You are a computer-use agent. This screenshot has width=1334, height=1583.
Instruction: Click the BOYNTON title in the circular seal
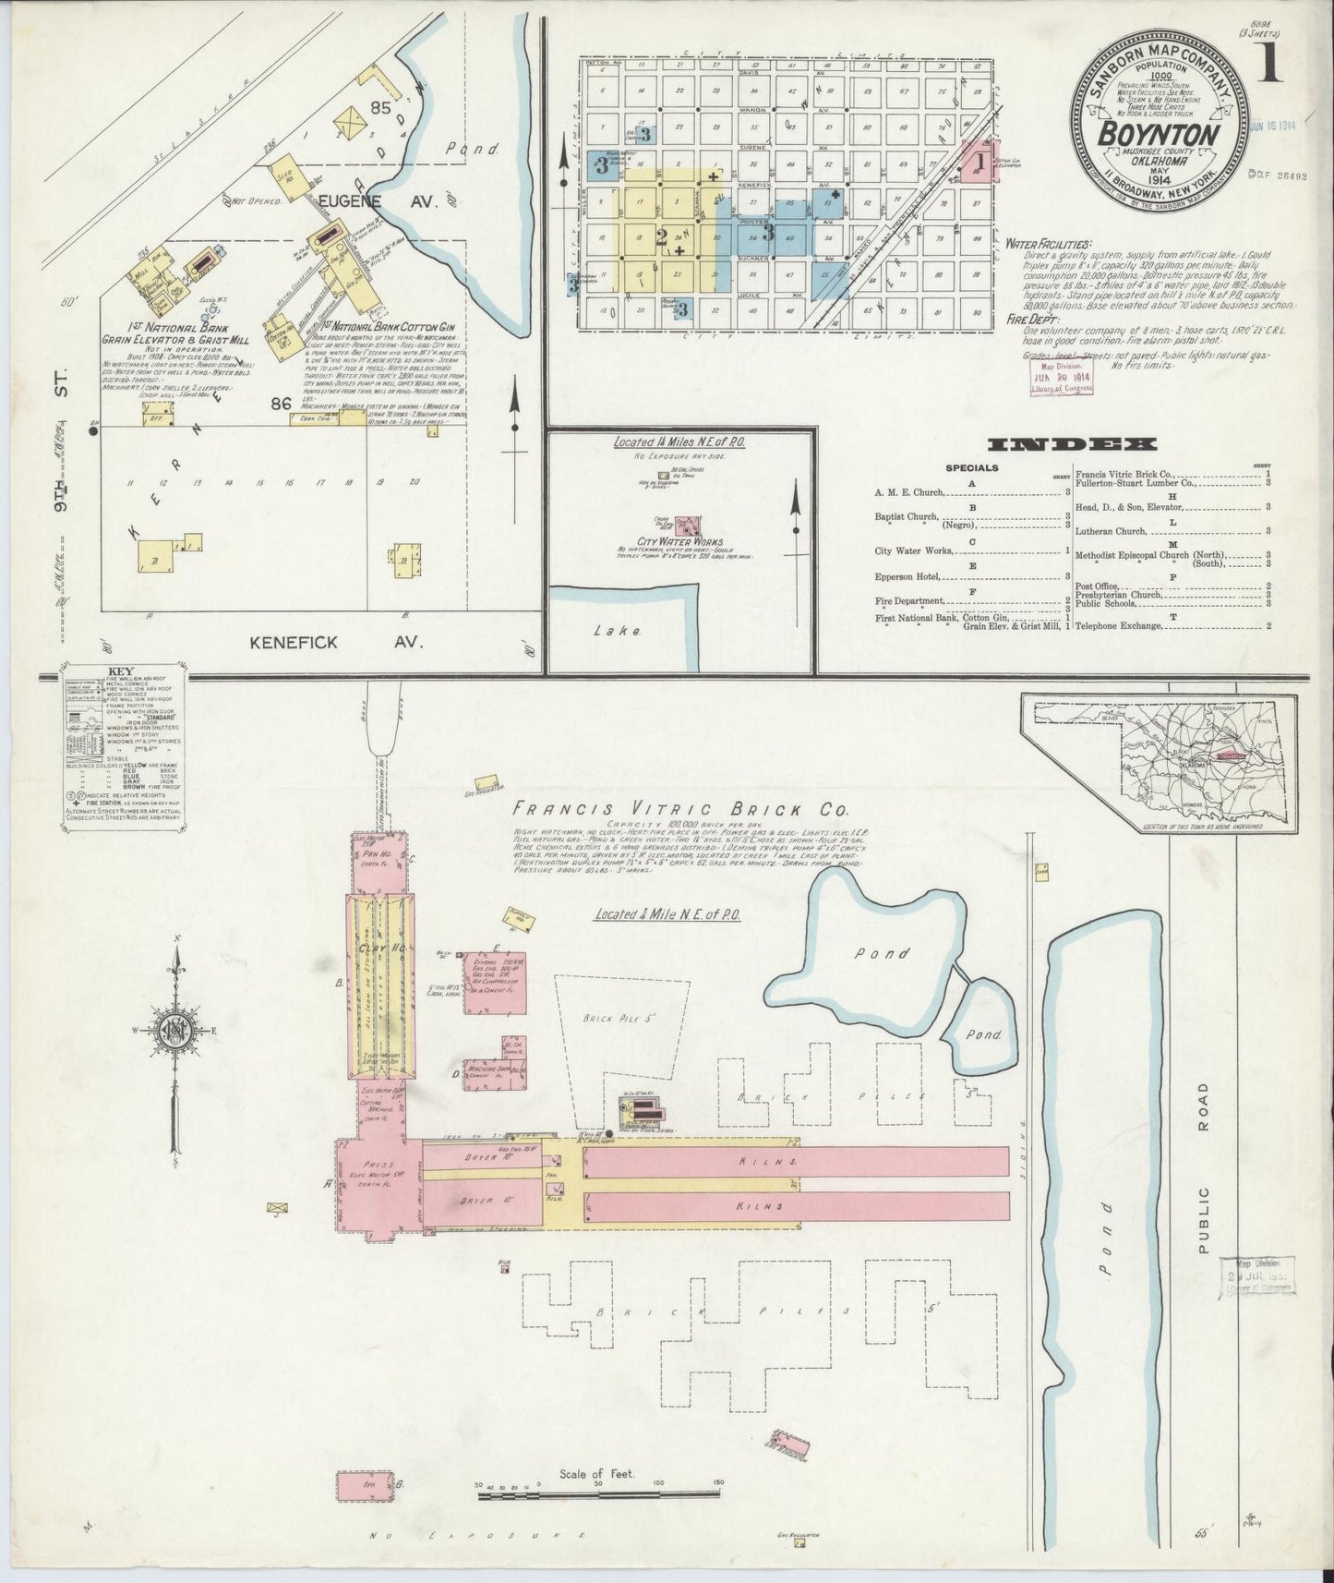tap(1158, 133)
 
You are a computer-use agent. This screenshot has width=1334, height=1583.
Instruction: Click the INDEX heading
tap(1071, 445)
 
